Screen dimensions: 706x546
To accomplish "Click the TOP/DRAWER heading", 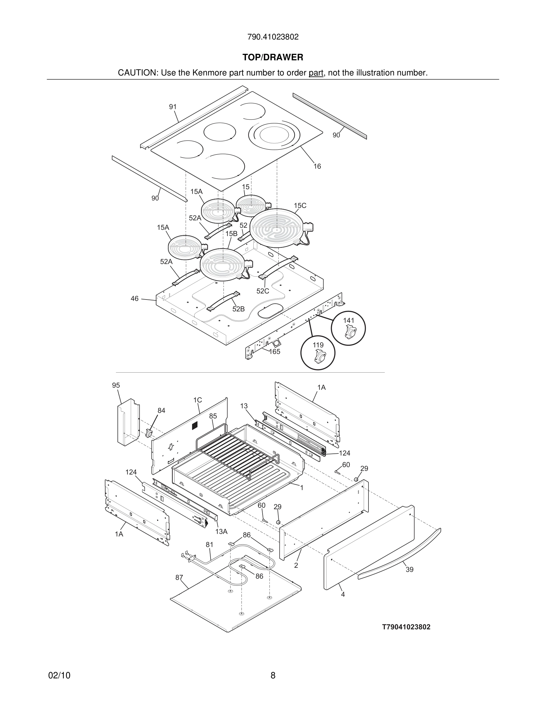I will point(273,58).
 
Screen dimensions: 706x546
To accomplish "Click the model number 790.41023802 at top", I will point(273,37).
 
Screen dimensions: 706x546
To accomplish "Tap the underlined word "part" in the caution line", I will point(316,73).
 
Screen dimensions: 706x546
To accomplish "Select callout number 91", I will point(173,107).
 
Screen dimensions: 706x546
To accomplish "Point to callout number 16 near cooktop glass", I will point(317,166).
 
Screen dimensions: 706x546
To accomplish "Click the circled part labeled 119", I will point(318,353).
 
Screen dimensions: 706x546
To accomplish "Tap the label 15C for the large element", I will point(300,206).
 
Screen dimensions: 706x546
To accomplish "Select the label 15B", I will point(231,233).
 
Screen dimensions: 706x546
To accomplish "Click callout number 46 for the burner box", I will point(134,298).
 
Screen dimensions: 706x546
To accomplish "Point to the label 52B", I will point(239,309).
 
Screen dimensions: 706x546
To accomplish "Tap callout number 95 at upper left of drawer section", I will point(116,385).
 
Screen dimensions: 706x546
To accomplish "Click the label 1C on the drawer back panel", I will point(198,400).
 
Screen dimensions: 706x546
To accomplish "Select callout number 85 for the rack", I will point(213,416).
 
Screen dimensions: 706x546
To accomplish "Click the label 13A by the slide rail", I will point(221,532).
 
